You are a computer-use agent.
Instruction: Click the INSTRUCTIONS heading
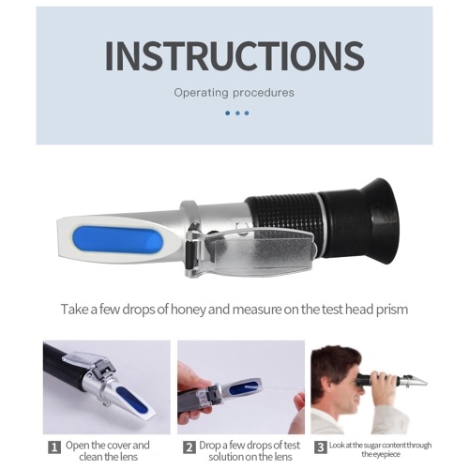pyautogui.click(x=234, y=55)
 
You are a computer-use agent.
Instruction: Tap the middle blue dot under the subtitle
pyautogui.click(x=237, y=113)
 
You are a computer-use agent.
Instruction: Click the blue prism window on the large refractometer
pyautogui.click(x=117, y=240)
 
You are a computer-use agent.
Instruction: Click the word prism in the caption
pyautogui.click(x=392, y=310)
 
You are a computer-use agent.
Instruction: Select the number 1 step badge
pyautogui.click(x=54, y=447)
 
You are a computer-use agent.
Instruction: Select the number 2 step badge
pyautogui.click(x=189, y=447)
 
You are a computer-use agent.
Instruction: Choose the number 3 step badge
pyautogui.click(x=321, y=447)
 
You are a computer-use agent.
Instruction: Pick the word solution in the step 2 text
pyautogui.click(x=225, y=457)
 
